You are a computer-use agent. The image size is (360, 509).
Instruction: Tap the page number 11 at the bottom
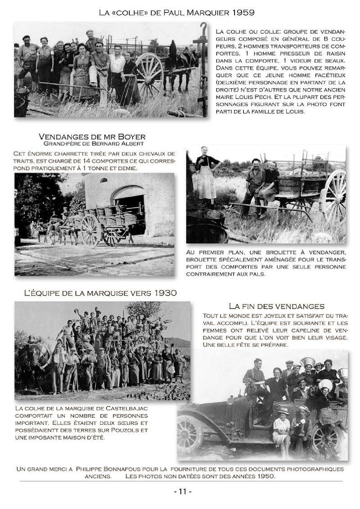click(183, 491)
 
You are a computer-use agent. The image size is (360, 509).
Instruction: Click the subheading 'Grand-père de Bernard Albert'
click(94, 144)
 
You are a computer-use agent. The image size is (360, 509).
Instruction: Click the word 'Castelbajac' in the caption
click(127, 408)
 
